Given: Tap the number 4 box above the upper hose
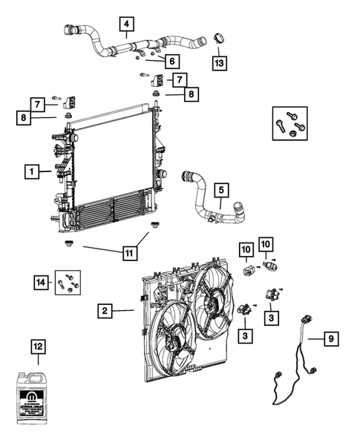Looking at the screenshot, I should click(127, 27).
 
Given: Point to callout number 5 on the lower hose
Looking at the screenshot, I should click(221, 191).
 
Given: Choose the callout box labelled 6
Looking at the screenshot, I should click(170, 61).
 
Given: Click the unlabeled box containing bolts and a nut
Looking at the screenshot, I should click(287, 124).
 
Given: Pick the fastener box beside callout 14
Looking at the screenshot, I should click(68, 283).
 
